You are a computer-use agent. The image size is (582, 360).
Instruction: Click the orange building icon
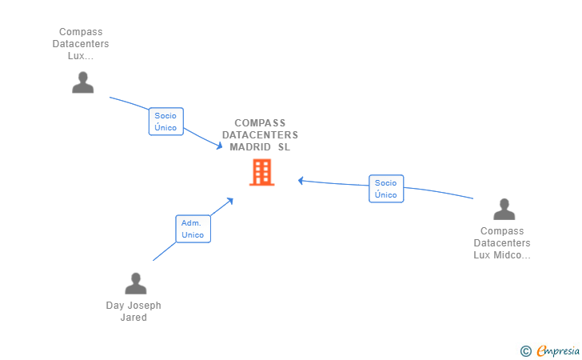click(261, 172)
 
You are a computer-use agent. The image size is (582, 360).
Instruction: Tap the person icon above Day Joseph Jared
click(136, 283)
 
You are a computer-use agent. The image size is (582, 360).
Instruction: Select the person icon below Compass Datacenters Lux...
click(82, 82)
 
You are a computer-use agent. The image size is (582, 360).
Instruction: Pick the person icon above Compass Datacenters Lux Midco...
click(504, 209)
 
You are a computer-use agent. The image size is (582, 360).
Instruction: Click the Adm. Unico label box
click(193, 229)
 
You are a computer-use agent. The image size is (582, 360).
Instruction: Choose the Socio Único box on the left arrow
click(165, 122)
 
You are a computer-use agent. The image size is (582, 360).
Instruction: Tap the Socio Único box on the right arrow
click(385, 189)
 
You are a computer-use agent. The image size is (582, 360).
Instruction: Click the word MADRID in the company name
click(250, 147)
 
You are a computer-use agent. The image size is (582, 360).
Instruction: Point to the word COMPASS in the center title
click(260, 123)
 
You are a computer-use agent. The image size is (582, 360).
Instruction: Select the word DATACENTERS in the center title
click(260, 135)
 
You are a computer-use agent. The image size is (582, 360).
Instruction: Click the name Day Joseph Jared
click(134, 311)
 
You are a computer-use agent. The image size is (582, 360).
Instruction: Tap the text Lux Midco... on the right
click(502, 255)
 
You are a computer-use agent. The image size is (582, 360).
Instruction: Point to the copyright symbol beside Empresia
click(525, 350)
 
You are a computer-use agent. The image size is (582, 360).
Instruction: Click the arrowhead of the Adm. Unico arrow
click(230, 199)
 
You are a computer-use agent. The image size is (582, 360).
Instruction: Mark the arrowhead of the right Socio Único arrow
click(301, 180)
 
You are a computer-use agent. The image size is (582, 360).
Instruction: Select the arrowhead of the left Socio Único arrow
click(220, 146)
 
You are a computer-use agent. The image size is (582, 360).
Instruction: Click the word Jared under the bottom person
click(134, 318)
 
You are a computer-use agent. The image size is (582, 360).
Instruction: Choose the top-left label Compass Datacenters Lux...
click(81, 44)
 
